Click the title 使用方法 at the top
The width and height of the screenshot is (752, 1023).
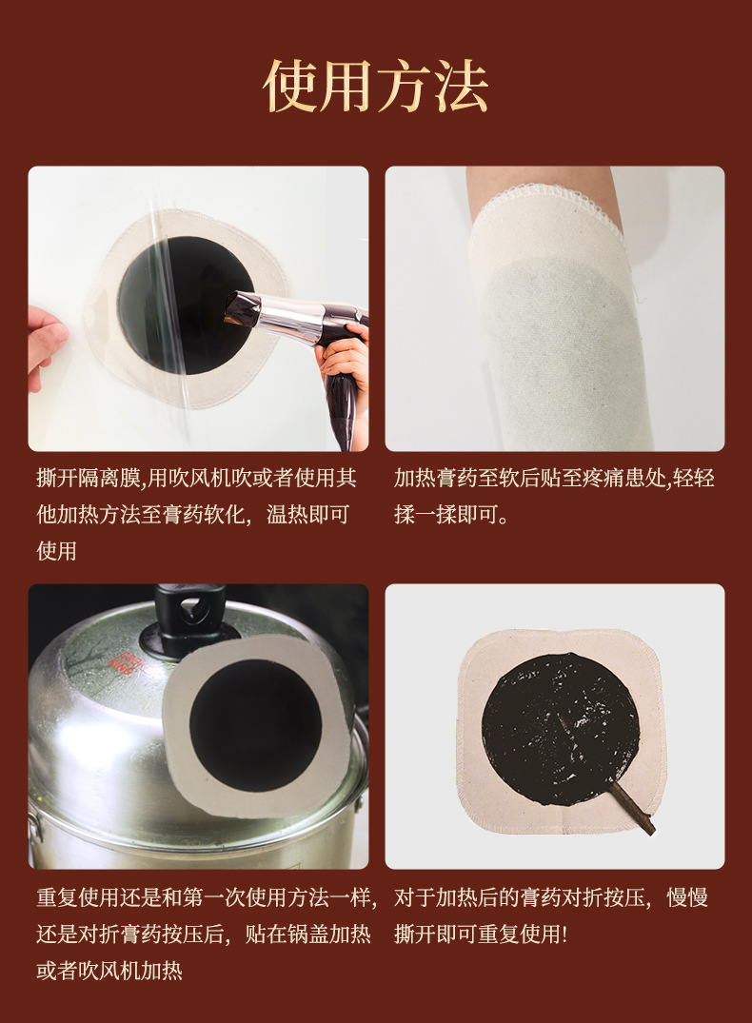point(375,86)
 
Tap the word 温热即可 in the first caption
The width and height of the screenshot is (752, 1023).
point(307,515)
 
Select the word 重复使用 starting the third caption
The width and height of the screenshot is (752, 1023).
point(78,897)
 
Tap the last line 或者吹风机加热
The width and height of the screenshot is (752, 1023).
point(109,971)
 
